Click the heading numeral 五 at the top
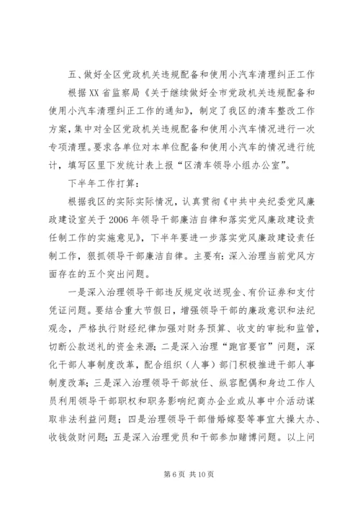69,77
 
